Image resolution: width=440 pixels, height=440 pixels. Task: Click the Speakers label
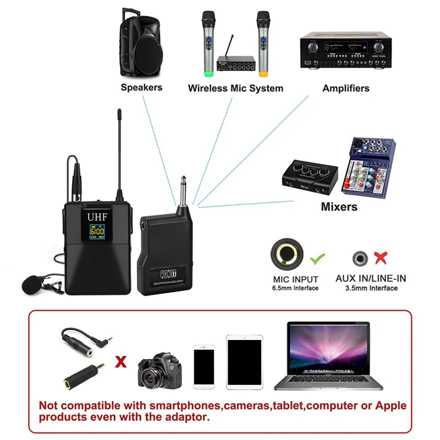(x=141, y=87)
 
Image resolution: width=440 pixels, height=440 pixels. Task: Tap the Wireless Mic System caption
(x=235, y=88)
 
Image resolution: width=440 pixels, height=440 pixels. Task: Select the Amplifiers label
(x=346, y=88)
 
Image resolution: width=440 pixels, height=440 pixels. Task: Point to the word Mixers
(x=339, y=207)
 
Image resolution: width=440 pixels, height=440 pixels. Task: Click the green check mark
(x=318, y=256)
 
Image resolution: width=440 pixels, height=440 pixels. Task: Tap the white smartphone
(x=204, y=367)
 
